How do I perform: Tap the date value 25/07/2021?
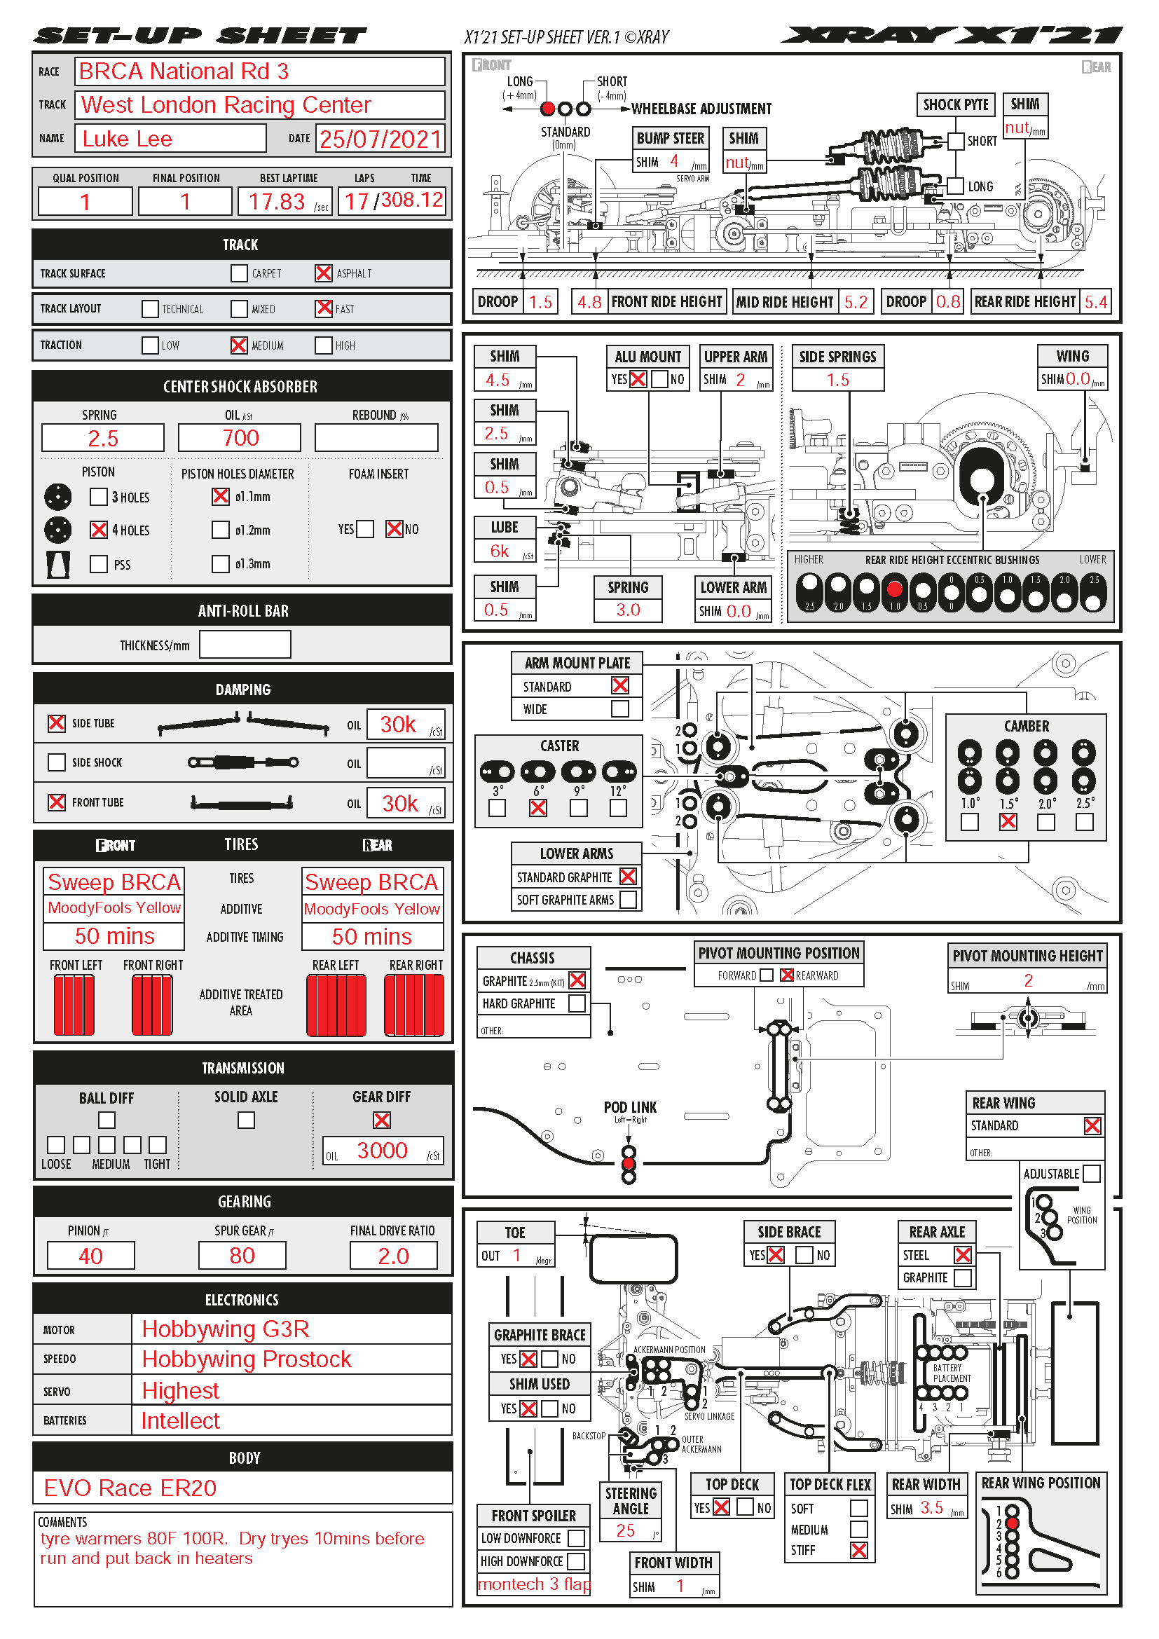pyautogui.click(x=380, y=139)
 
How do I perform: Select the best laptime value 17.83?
pyautogui.click(x=277, y=202)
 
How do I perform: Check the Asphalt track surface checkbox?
pyautogui.click(x=323, y=273)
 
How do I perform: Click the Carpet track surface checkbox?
pyautogui.click(x=239, y=273)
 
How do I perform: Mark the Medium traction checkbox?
pyautogui.click(x=239, y=345)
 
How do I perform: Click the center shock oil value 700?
pyautogui.click(x=240, y=437)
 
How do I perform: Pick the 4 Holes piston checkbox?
pyautogui.click(x=99, y=530)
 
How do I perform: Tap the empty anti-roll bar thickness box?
pyautogui.click(x=245, y=645)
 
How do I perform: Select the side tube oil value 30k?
pyautogui.click(x=398, y=725)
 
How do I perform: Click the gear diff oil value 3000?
pyautogui.click(x=383, y=1150)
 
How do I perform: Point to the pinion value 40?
pyautogui.click(x=90, y=1256)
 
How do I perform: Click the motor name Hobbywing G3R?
pyautogui.click(x=226, y=1329)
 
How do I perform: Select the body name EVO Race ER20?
pyautogui.click(x=130, y=1488)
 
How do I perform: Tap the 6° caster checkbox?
pyautogui.click(x=538, y=807)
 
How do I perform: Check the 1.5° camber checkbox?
pyautogui.click(x=1008, y=822)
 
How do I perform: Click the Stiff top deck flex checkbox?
pyautogui.click(x=859, y=1550)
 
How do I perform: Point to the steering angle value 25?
pyautogui.click(x=626, y=1530)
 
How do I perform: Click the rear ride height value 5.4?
pyautogui.click(x=1095, y=302)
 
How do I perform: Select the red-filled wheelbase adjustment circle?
pyautogui.click(x=548, y=109)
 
